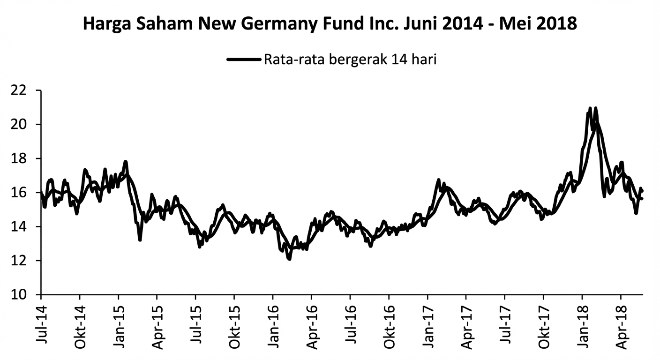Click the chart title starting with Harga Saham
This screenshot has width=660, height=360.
pyautogui.click(x=330, y=23)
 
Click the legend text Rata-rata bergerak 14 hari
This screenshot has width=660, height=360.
pyautogui.click(x=350, y=60)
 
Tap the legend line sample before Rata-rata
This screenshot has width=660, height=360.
pyautogui.click(x=243, y=60)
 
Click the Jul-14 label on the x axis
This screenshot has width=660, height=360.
pyautogui.click(x=42, y=324)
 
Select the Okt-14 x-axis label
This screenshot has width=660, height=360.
pyautogui.click(x=80, y=323)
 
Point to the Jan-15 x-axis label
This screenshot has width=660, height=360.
pyautogui.click(x=119, y=323)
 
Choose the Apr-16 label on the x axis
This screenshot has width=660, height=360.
pyautogui.click(x=312, y=323)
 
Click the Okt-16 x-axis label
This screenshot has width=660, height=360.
pyautogui.click(x=389, y=323)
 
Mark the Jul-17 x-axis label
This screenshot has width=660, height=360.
pyautogui.click(x=505, y=324)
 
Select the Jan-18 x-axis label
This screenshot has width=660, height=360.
pyautogui.click(x=582, y=323)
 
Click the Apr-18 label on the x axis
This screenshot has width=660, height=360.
pyautogui.click(x=621, y=323)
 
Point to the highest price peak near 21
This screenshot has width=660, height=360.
pyautogui.click(x=590, y=108)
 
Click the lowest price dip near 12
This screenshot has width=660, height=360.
pyautogui.click(x=289, y=258)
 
